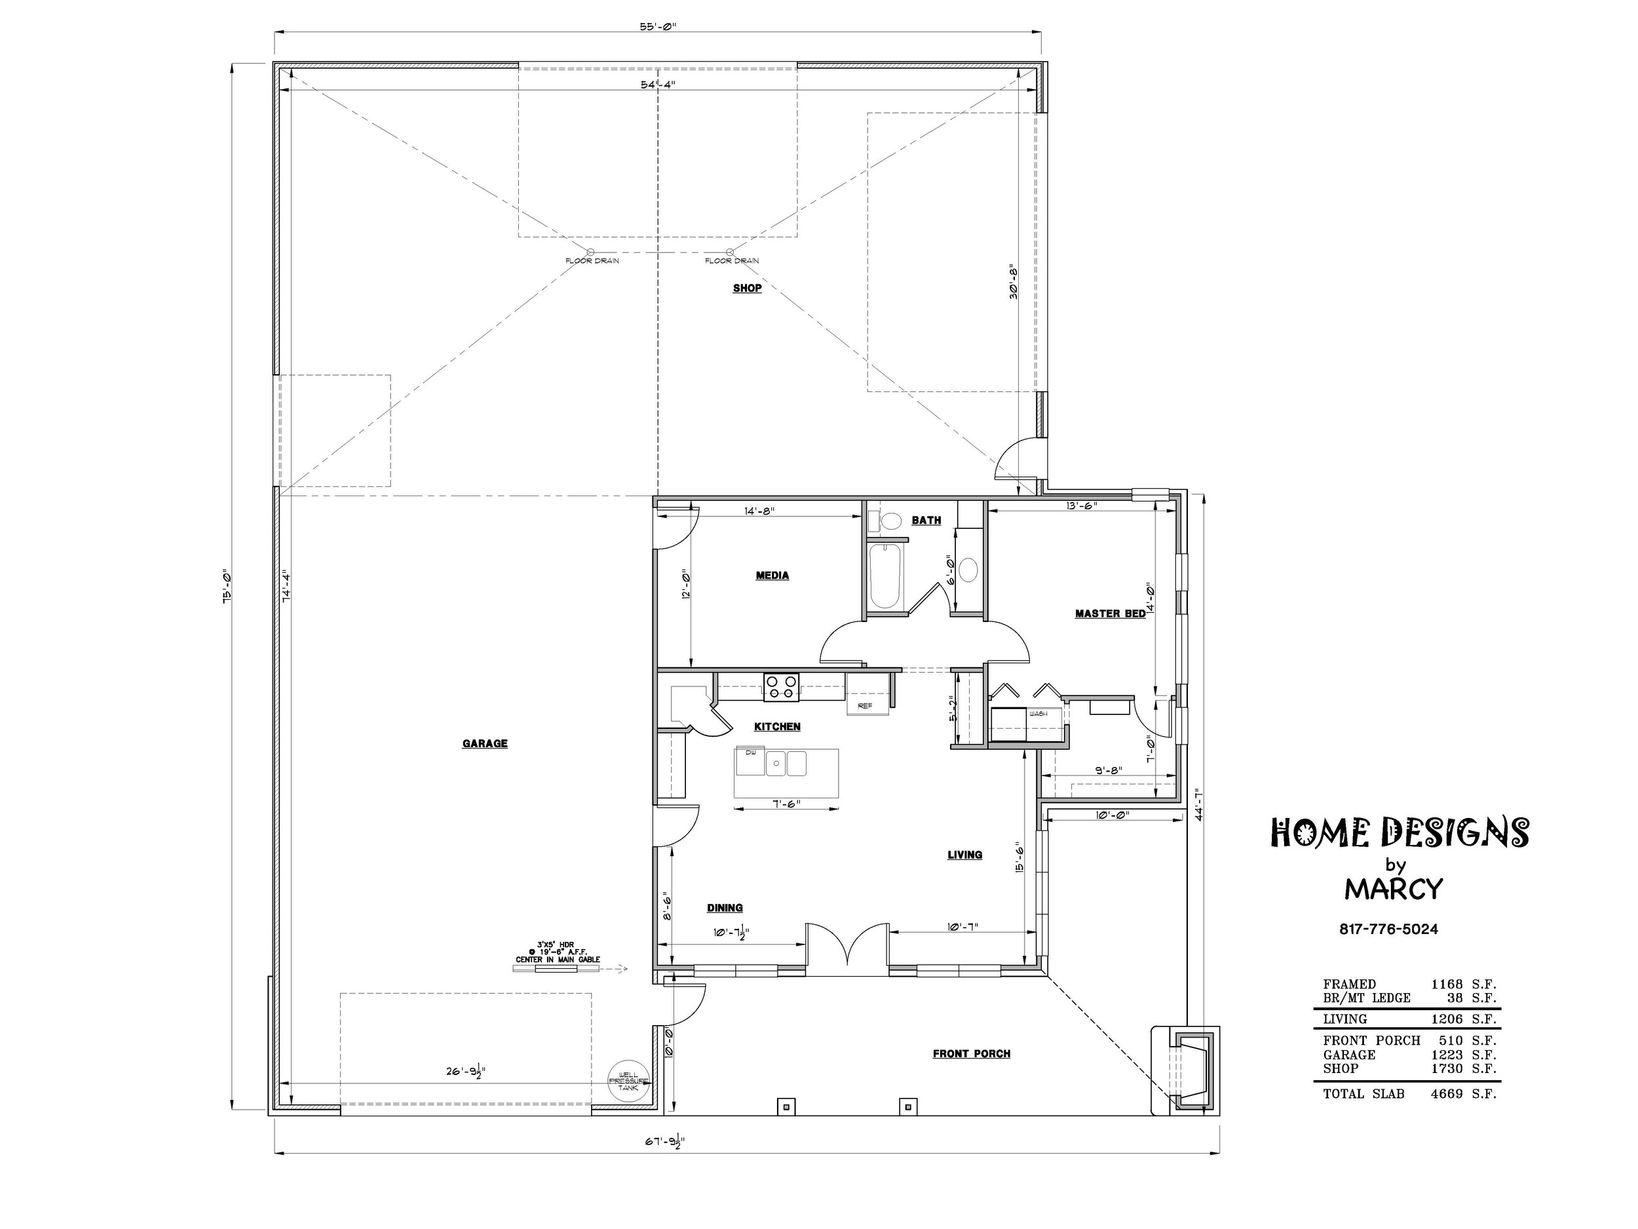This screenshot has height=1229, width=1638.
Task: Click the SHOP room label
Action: point(747,288)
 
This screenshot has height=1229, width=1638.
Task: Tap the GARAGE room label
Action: point(485,744)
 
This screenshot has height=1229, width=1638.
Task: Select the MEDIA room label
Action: point(772,575)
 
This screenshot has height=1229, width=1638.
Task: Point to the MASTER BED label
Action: point(1110,614)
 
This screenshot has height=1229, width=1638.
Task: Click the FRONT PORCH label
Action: point(972,1053)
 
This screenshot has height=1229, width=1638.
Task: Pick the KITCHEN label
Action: point(778,727)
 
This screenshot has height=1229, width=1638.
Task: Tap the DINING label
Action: point(725,907)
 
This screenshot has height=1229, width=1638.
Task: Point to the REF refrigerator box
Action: point(866,705)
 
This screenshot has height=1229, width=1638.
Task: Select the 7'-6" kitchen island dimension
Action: point(785,804)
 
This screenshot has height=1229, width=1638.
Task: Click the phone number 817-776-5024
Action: point(1388,929)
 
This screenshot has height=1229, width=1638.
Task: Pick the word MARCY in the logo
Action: point(1394,888)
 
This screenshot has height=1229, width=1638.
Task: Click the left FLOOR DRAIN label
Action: point(592,261)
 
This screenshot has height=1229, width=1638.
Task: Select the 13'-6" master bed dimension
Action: point(1081,506)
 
